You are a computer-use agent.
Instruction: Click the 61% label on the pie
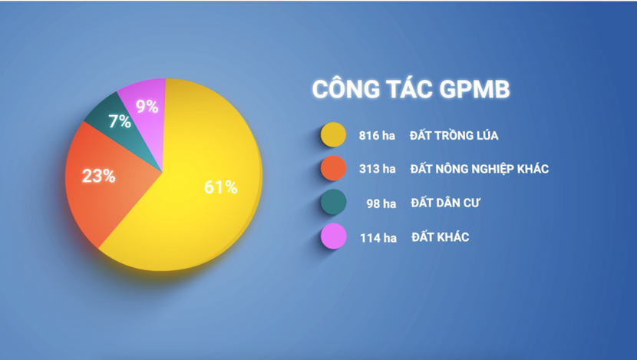point(221,187)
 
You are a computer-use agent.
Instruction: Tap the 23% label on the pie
point(99,176)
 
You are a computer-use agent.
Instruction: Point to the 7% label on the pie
point(119,121)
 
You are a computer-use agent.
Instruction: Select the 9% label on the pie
point(147,107)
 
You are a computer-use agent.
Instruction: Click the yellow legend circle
point(332,136)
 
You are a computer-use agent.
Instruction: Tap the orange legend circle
point(332,169)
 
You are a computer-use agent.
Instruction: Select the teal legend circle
point(332,203)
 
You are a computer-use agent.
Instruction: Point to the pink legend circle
point(332,237)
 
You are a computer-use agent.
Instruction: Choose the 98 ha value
point(381,203)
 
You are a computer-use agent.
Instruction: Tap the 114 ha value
point(378,237)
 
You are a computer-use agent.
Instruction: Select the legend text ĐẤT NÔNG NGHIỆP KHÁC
point(480,169)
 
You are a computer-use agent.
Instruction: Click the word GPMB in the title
point(475,90)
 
